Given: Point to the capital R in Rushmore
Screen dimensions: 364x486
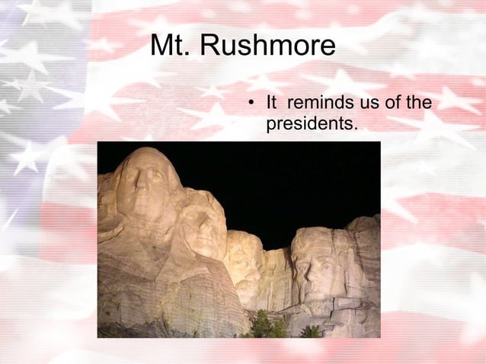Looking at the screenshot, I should click(209, 47).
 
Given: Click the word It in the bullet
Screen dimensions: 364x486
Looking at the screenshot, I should click(270, 103).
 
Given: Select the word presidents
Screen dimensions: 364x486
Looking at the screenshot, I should click(309, 122).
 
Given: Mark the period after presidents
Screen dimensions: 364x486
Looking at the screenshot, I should click(355, 126).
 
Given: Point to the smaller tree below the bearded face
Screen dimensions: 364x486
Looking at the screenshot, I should click(311, 330).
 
